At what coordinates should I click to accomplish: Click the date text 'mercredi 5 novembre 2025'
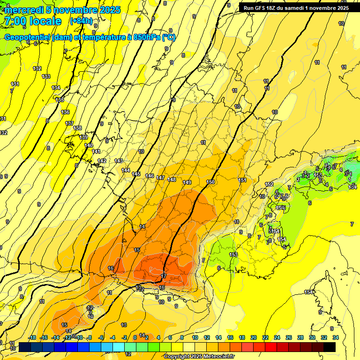pyautogui.click(x=63, y=10)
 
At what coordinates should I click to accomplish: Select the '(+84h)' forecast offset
pyautogui.click(x=81, y=21)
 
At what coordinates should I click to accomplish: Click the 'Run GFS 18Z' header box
pyautogui.click(x=296, y=8)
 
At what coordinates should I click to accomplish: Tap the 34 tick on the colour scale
pyautogui.click(x=336, y=337)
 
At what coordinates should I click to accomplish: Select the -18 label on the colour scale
pyautogui.click(x=32, y=337)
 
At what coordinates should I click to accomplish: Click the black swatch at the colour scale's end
pyautogui.click(x=330, y=347)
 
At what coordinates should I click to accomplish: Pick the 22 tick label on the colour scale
pyautogui.click(x=265, y=337)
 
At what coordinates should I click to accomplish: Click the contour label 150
pyautogui.click(x=210, y=182)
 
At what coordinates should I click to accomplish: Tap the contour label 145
pyautogui.click(x=136, y=174)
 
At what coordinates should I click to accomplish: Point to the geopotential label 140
pyautogui.click(x=89, y=145)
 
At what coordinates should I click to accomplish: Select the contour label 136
pyautogui.click(x=65, y=112)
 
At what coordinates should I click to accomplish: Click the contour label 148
pyautogui.click(x=172, y=180)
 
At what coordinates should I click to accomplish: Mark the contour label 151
pyautogui.click(x=242, y=180)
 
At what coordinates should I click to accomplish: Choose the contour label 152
pyautogui.click(x=269, y=184)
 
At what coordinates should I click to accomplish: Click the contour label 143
pyautogui.click(x=119, y=161)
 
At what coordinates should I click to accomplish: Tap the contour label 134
pyautogui.click(x=56, y=88)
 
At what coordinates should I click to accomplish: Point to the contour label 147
pyautogui.click(x=160, y=178)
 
